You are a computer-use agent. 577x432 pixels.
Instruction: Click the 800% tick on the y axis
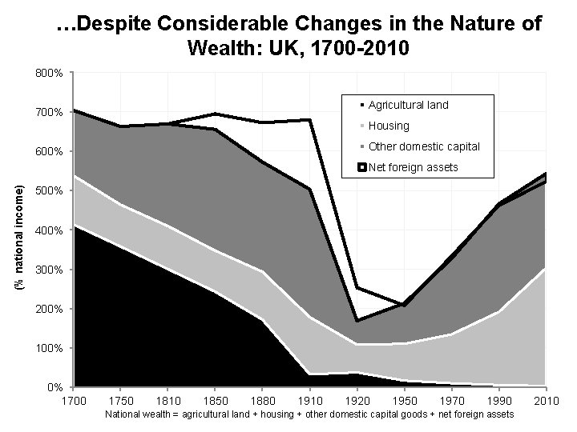click(x=50, y=73)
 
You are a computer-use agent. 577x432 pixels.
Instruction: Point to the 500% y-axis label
click(x=50, y=191)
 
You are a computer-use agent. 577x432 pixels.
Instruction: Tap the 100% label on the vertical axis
click(x=50, y=349)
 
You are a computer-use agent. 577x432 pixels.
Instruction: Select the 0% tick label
click(x=55, y=388)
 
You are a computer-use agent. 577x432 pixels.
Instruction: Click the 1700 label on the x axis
click(x=74, y=400)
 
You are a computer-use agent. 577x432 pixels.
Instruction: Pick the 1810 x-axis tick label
click(x=168, y=400)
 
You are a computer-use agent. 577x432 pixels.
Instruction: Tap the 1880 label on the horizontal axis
click(x=263, y=400)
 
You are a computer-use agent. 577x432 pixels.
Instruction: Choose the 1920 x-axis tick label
click(x=357, y=400)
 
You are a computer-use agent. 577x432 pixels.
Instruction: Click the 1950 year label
click(x=405, y=400)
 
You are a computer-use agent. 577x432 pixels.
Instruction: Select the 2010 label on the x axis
click(x=546, y=400)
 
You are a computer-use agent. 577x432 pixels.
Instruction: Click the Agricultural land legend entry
click(x=408, y=105)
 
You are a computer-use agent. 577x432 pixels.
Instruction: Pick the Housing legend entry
click(x=389, y=126)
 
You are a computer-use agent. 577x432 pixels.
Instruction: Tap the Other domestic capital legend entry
click(x=424, y=146)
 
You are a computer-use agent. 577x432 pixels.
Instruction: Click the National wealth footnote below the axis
click(x=309, y=414)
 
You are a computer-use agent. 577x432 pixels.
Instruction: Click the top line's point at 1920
click(x=357, y=287)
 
